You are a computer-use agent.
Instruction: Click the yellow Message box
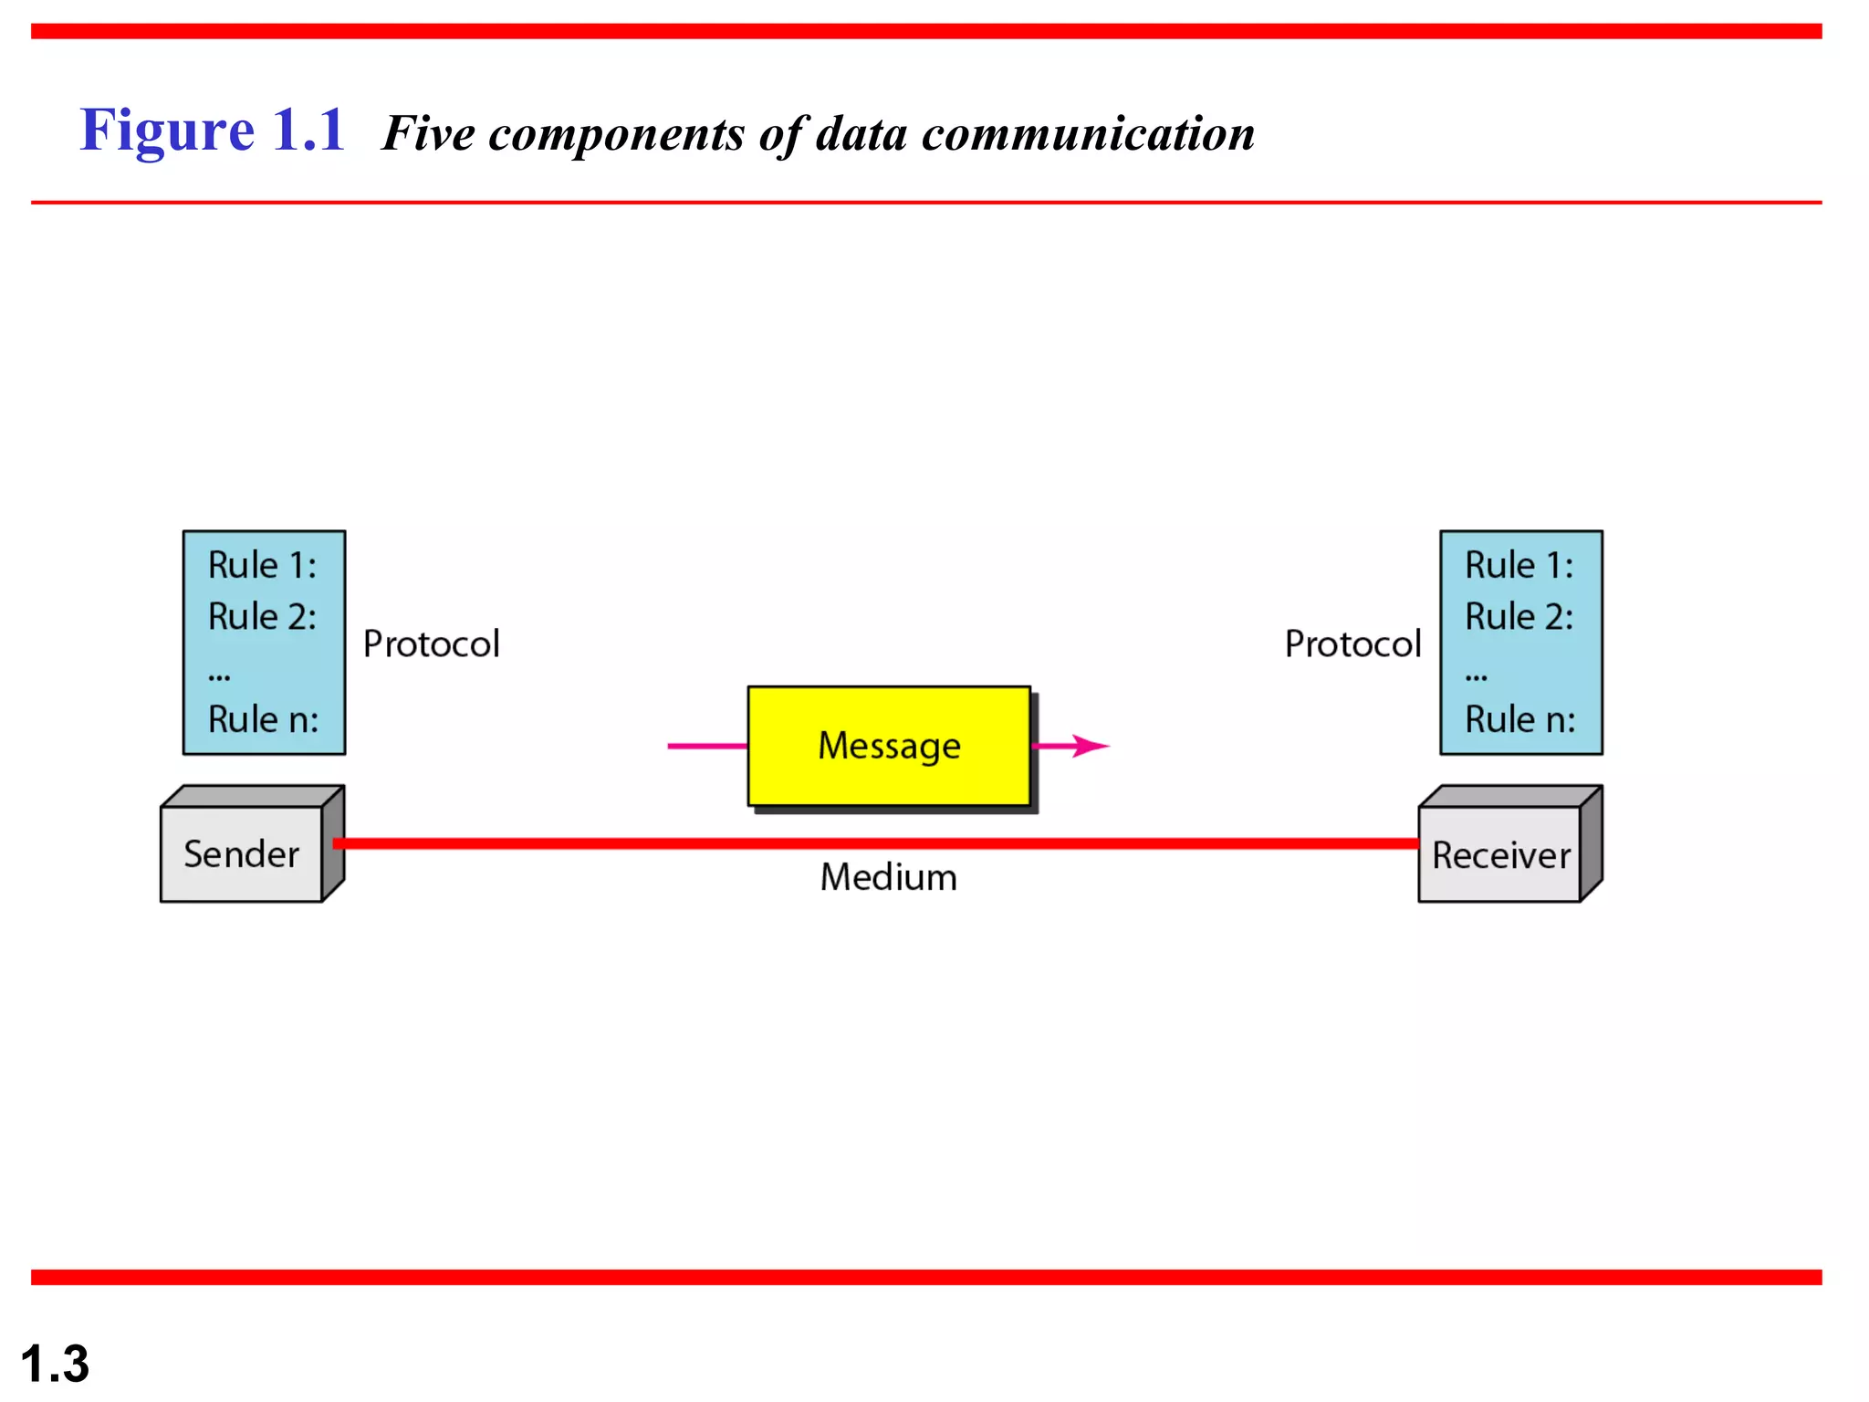click(x=889, y=746)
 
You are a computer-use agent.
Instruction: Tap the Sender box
click(x=241, y=854)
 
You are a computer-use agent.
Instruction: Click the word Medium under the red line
click(x=888, y=877)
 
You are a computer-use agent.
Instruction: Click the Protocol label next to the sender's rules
click(x=431, y=644)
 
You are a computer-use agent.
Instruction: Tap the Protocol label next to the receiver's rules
click(x=1352, y=644)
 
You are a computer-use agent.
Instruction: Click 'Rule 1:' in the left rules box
click(x=262, y=565)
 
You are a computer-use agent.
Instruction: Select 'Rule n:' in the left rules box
click(x=263, y=719)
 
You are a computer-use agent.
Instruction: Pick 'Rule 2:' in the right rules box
click(x=1519, y=617)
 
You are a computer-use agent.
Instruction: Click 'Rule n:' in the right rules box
click(x=1519, y=719)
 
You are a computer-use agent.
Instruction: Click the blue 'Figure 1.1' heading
click(x=212, y=130)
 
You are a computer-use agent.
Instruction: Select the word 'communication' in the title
click(x=1088, y=133)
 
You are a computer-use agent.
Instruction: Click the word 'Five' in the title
click(x=428, y=133)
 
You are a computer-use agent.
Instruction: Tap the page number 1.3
click(x=55, y=1364)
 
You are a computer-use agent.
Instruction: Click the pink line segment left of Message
click(x=706, y=746)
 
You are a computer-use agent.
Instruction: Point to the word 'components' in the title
click(x=616, y=135)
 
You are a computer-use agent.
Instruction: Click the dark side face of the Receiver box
click(x=1591, y=844)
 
